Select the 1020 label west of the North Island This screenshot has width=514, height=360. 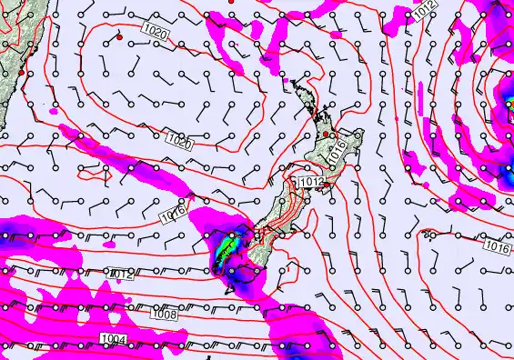[180, 141]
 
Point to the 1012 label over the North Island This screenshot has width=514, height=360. [311, 183]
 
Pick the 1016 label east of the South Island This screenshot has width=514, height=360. [496, 246]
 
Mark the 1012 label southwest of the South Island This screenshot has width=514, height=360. [121, 273]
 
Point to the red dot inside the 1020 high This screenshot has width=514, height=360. [119, 38]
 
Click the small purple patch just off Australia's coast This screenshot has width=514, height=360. [55, 111]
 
